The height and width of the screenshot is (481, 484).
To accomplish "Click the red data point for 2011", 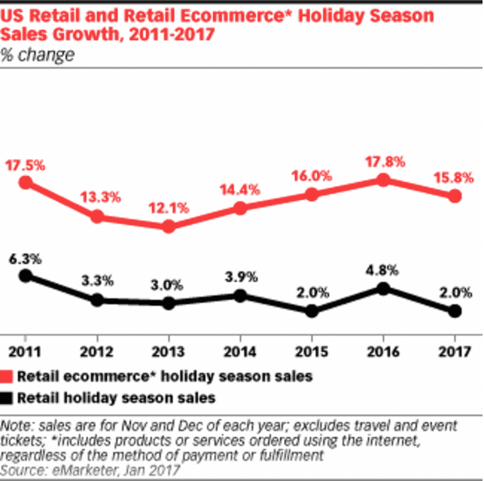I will click(25, 183).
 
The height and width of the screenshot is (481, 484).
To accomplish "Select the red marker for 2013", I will click(168, 226).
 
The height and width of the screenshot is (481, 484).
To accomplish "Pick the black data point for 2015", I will click(312, 312).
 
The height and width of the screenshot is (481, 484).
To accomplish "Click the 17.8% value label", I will click(383, 160).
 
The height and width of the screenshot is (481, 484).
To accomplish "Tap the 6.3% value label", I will click(25, 259).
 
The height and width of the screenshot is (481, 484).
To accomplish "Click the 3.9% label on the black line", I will click(240, 277).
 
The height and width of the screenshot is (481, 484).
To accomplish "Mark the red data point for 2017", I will click(455, 196).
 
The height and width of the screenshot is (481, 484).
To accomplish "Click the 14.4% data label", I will click(240, 189).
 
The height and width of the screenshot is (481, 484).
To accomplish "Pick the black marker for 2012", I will click(97, 301).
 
